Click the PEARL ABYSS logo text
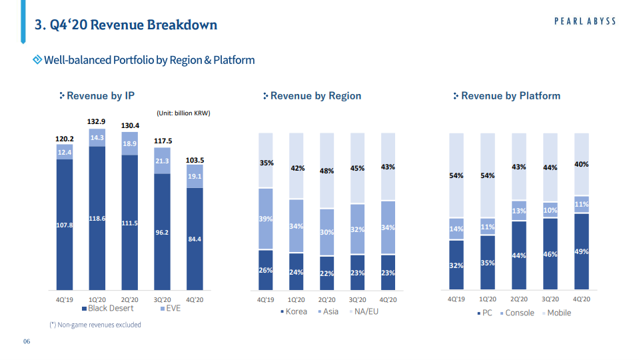584,21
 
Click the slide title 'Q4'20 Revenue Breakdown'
126,25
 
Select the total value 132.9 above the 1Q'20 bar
97,121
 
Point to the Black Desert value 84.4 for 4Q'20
195,239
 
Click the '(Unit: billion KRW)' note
183,113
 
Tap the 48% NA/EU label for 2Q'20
326,171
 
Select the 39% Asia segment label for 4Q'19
266,219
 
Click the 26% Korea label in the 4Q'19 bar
266,270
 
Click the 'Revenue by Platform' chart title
510,96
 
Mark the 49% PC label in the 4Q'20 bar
581,251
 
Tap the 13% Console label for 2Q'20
519,211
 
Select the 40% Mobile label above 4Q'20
581,164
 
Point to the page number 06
27,343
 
